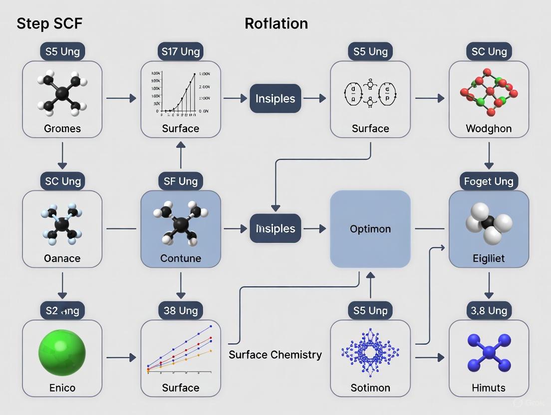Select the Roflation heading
click(x=276, y=23)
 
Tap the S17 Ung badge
click(x=181, y=51)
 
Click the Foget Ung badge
click(x=489, y=181)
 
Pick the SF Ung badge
click(x=181, y=181)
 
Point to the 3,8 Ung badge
click(x=489, y=311)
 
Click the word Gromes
click(x=62, y=129)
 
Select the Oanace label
click(x=62, y=258)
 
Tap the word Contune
click(x=181, y=258)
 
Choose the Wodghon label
click(x=489, y=129)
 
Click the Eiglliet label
click(x=489, y=258)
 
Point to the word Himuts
click(x=489, y=388)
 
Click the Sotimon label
click(x=370, y=388)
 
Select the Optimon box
click(x=370, y=229)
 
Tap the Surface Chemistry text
click(x=275, y=355)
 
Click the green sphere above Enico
click(x=62, y=352)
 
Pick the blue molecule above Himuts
click(x=489, y=352)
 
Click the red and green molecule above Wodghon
click(x=489, y=93)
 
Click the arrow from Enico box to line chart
click(x=121, y=357)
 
